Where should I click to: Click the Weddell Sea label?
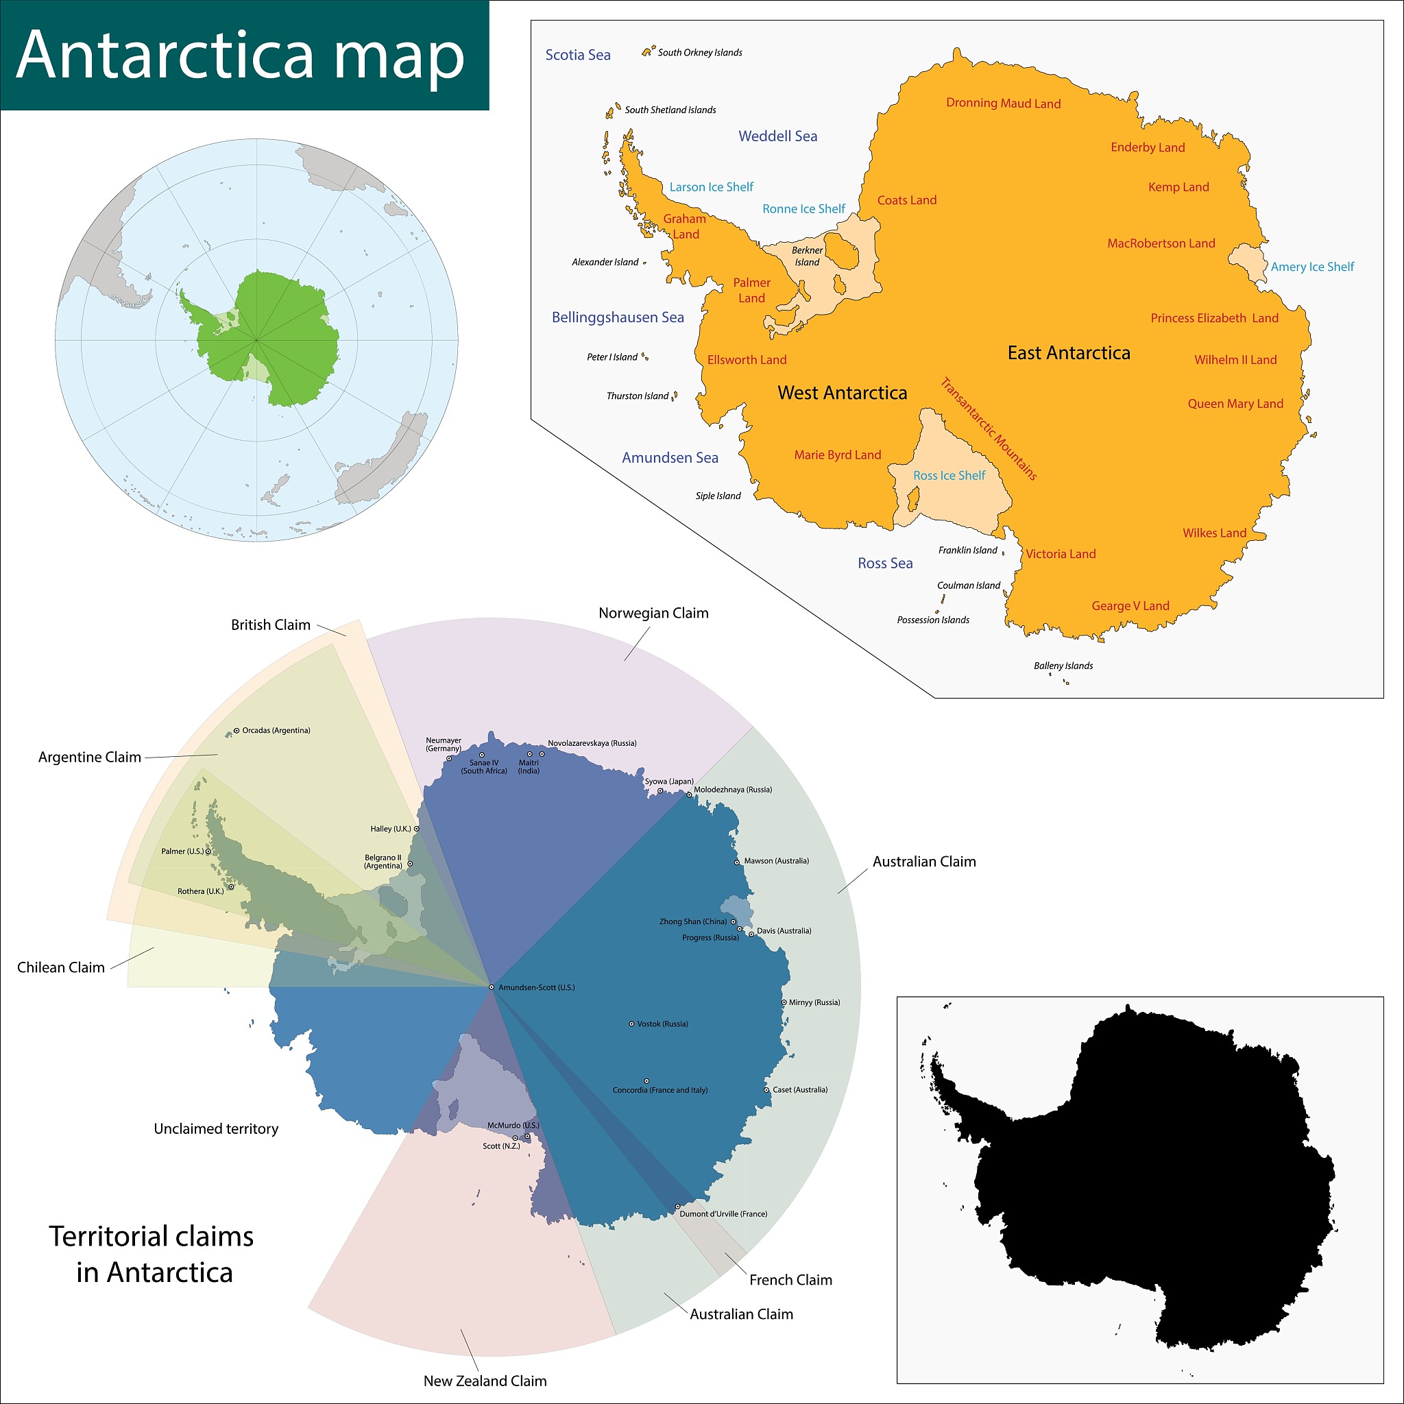[777, 136]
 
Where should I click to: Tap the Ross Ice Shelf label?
[949, 475]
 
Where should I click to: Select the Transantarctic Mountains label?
[989, 428]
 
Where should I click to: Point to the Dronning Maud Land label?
[1003, 104]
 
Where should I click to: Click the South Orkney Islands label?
[700, 52]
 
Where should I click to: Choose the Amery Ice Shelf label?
[1312, 267]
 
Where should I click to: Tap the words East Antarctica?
[1068, 353]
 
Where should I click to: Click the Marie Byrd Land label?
[837, 455]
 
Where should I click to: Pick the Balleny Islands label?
[1063, 666]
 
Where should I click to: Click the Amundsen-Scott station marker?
[492, 988]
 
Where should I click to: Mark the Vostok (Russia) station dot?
[631, 1024]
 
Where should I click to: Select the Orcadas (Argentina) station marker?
[237, 730]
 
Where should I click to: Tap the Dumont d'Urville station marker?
[677, 1207]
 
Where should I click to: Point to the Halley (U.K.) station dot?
[416, 828]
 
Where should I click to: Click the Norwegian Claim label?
[653, 614]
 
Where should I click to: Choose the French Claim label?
[790, 1280]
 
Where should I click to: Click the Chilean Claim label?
[61, 967]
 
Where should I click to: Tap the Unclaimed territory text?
[216, 1128]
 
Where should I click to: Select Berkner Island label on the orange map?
[808, 256]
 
